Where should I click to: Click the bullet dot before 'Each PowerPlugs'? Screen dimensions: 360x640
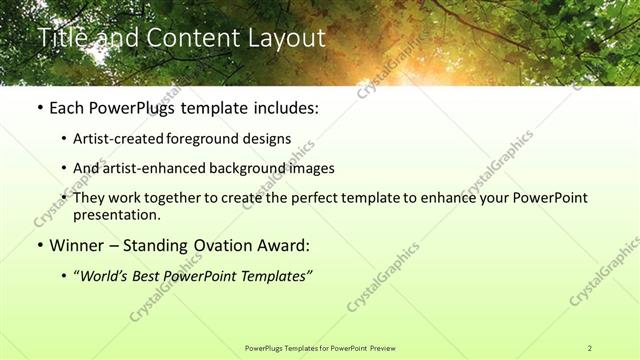[38, 107]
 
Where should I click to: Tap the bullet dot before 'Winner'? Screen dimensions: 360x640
[38, 245]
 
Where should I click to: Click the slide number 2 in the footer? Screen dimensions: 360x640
[589, 348]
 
